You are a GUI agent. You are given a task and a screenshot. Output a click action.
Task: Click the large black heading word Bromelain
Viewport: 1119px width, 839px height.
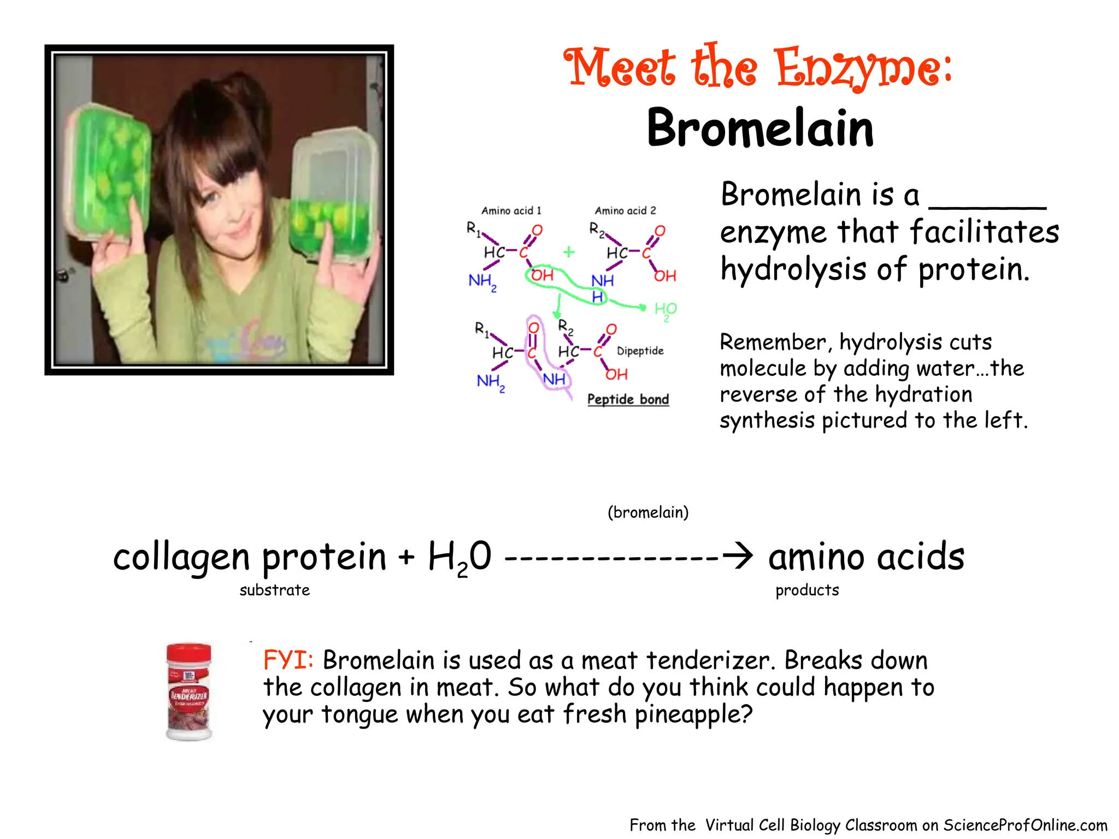[x=760, y=128]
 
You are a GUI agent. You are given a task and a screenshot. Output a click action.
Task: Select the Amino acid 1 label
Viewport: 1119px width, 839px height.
[x=511, y=211]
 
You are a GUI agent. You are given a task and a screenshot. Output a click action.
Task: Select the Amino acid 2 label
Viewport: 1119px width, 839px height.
[x=625, y=211]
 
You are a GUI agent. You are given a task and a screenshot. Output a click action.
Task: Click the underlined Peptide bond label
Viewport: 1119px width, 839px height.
[x=628, y=399]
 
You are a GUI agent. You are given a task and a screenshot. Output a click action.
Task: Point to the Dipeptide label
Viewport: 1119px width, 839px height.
[x=640, y=351]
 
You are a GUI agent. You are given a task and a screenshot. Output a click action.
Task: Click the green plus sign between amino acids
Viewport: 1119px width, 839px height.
[x=569, y=252]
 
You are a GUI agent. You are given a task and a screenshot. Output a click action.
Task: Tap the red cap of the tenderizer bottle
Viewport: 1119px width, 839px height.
[x=189, y=652]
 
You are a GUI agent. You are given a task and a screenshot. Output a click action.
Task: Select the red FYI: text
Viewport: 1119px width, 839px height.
[x=288, y=660]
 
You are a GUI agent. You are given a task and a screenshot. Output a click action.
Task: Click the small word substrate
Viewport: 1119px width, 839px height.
[x=274, y=590]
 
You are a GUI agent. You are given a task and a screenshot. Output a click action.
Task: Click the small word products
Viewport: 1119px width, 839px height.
[x=807, y=590]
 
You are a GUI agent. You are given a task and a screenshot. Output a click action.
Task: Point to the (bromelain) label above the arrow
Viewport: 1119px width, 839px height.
[x=648, y=512]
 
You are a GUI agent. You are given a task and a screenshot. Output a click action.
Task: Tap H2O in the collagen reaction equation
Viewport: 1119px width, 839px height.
[x=459, y=557]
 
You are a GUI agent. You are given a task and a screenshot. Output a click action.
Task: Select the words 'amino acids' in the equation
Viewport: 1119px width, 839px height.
[x=866, y=557]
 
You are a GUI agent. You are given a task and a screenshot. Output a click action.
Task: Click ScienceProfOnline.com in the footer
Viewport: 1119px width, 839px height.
[x=1025, y=825]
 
